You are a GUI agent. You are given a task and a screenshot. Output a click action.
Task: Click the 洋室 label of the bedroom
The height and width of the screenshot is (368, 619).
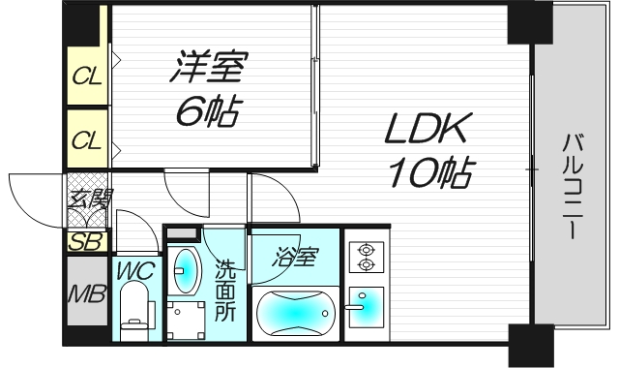(212, 71)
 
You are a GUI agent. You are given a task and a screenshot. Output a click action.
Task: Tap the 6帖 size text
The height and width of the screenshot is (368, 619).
(208, 113)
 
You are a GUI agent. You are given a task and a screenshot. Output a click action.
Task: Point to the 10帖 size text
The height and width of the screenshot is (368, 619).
(430, 173)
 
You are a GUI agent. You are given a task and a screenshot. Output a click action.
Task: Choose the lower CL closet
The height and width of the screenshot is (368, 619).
(87, 141)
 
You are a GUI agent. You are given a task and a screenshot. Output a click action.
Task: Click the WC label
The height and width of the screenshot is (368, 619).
(135, 269)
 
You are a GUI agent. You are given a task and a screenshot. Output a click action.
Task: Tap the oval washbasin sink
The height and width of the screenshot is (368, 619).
(185, 272)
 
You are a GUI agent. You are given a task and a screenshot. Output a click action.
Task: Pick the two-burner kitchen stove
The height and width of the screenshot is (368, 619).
(366, 255)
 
